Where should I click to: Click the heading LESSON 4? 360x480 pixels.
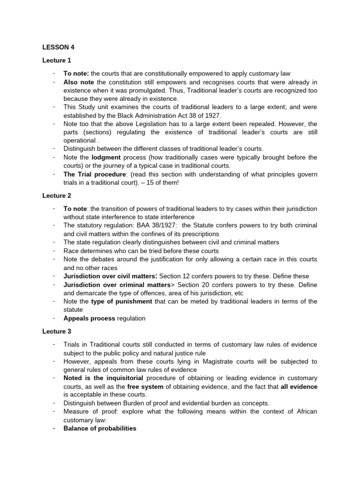click(x=58, y=47)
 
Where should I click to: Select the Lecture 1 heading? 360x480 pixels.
click(x=57, y=60)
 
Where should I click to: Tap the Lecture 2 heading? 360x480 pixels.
click(x=57, y=195)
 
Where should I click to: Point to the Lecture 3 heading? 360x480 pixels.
click(x=57, y=331)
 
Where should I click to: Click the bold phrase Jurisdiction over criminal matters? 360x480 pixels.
click(x=117, y=285)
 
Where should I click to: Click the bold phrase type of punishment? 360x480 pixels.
click(x=121, y=301)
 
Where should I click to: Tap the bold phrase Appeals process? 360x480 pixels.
click(x=89, y=318)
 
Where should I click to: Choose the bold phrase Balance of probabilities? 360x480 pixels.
click(x=100, y=428)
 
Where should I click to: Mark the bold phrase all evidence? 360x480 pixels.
click(x=299, y=386)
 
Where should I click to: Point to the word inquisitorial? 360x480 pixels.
click(x=120, y=378)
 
